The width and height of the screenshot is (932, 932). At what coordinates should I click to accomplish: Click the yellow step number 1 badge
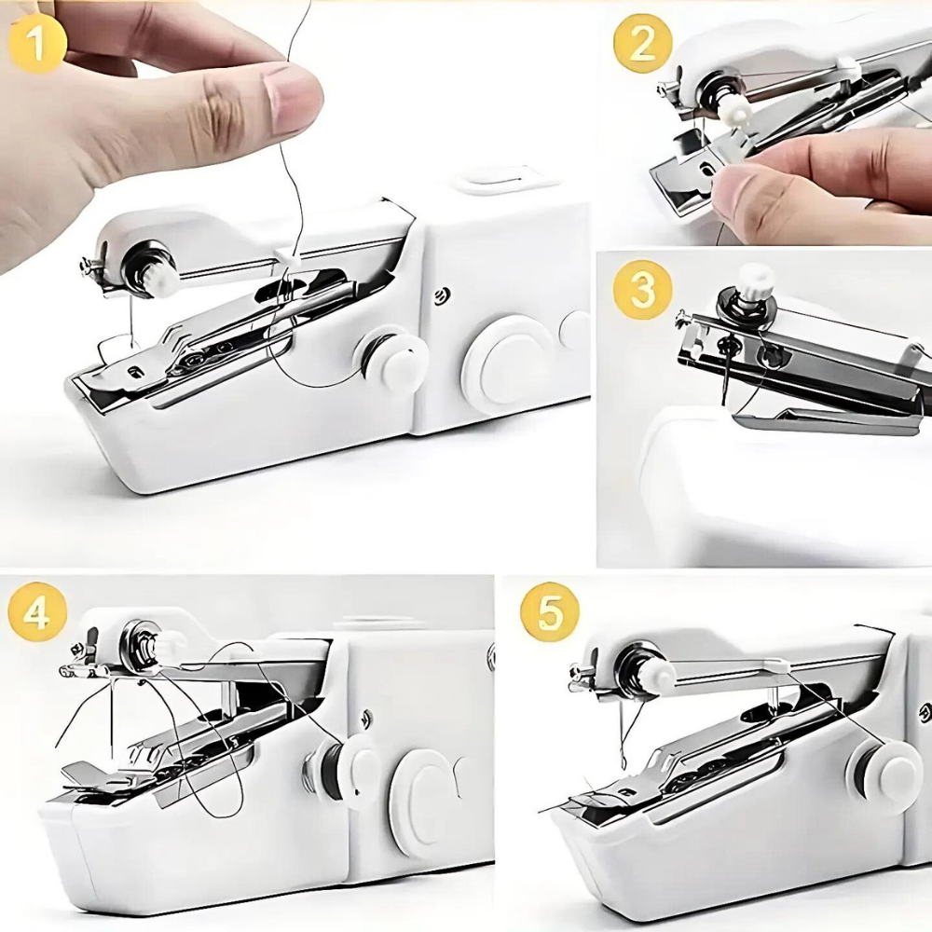36,45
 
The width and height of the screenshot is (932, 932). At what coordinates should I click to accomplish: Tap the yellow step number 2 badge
642,44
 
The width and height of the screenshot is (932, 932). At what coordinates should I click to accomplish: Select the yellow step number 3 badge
642,290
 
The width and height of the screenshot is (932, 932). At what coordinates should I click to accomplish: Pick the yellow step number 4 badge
36,613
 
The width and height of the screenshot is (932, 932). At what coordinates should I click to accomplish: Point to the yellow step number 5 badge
549,612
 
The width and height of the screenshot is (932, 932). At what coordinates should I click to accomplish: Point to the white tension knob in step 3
756,279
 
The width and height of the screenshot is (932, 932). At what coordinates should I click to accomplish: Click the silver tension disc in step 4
139,642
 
